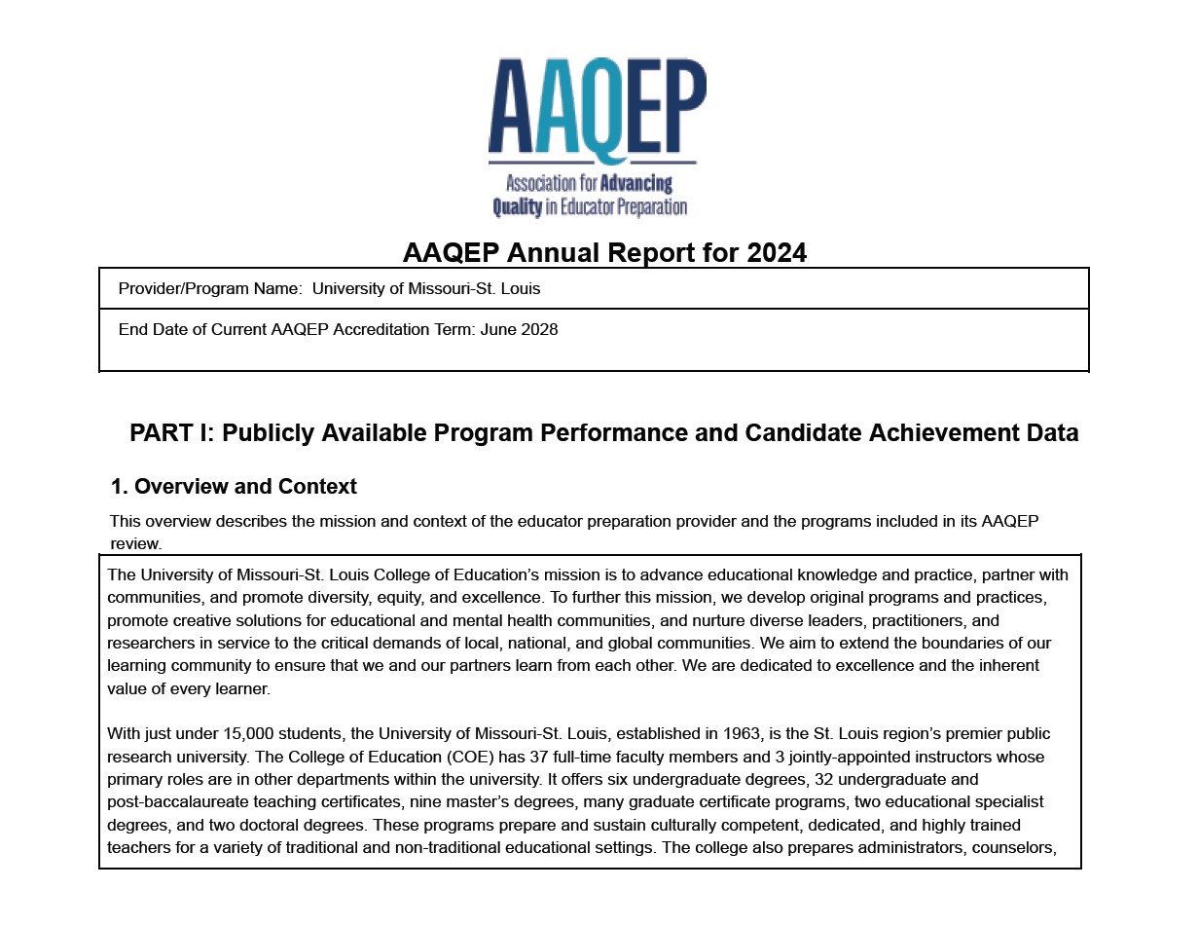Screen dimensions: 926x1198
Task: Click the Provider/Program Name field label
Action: click(x=209, y=289)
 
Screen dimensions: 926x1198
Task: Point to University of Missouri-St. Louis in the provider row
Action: click(x=426, y=289)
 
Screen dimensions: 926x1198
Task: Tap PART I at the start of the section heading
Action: click(x=170, y=433)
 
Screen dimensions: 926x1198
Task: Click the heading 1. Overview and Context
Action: click(x=234, y=487)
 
